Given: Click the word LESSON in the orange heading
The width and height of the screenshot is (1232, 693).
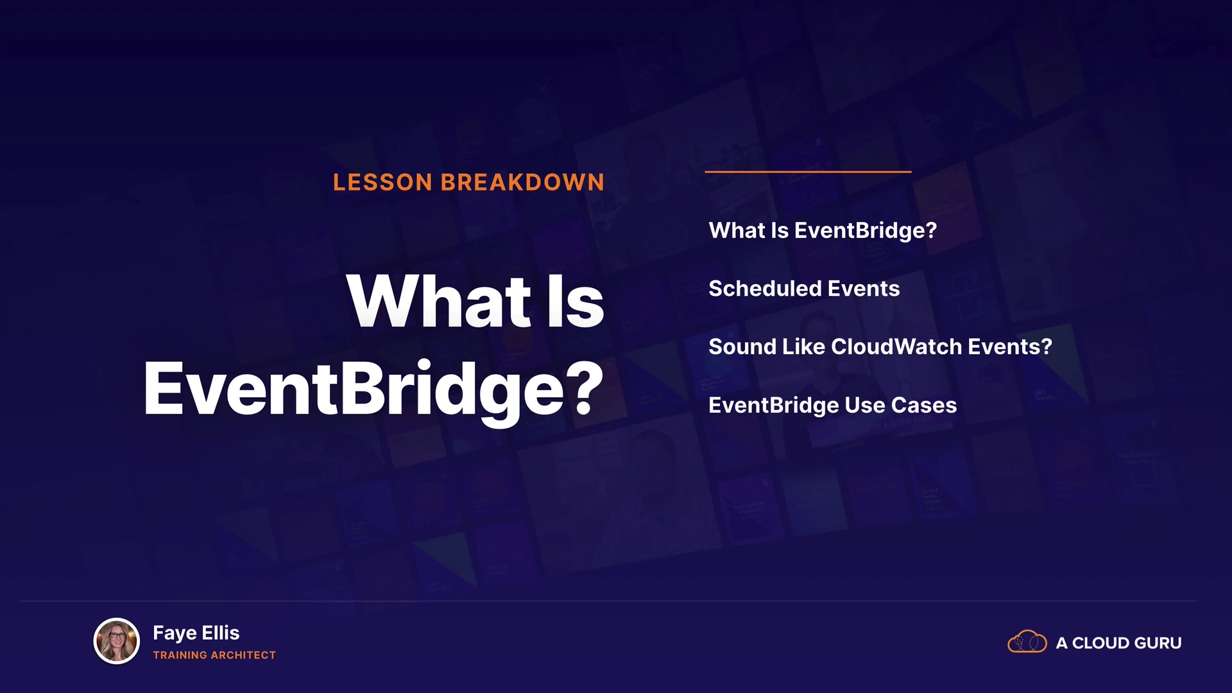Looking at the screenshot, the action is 382,182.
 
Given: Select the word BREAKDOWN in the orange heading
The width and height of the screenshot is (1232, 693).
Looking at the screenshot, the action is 522,182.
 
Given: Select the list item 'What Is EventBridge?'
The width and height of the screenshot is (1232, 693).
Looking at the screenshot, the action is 823,230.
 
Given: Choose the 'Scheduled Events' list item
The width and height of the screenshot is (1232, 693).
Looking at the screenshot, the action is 804,289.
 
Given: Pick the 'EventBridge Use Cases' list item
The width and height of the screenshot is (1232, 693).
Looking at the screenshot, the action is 833,406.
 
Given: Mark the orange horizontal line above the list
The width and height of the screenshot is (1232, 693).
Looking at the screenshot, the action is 808,171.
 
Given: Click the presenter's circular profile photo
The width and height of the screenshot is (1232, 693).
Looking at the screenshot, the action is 117,640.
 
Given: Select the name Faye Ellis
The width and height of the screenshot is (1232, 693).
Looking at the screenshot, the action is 196,633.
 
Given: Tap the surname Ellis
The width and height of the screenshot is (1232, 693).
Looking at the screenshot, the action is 221,633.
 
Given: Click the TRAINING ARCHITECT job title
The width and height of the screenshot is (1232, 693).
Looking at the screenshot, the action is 214,655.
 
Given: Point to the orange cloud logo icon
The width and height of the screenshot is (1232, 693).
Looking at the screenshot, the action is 1027,642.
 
